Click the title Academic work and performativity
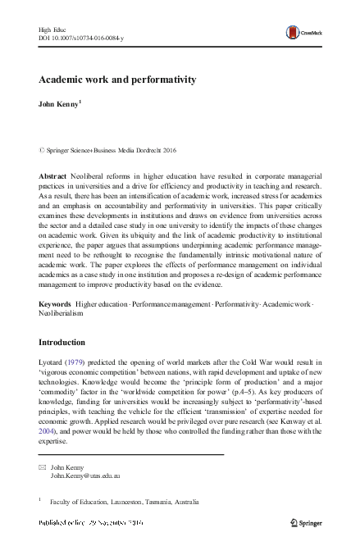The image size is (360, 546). (116, 80)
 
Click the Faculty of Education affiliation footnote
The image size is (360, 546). (124, 501)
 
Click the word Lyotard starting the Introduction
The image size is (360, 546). (53, 362)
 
